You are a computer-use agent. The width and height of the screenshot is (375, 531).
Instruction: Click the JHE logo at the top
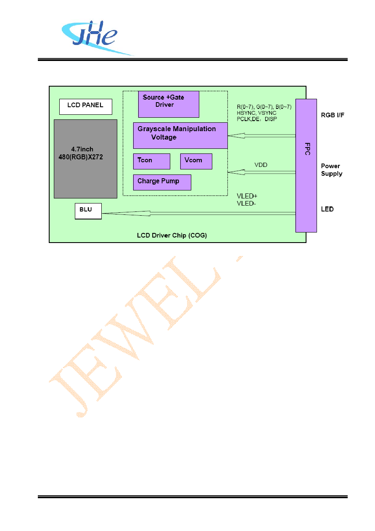(95, 38)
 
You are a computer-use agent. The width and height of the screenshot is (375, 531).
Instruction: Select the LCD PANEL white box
(86, 107)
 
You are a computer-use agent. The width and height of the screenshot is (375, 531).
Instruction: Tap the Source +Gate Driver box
(169, 104)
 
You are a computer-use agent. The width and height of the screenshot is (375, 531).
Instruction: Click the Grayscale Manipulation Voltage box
(180, 136)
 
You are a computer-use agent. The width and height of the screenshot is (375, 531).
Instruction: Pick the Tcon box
(152, 161)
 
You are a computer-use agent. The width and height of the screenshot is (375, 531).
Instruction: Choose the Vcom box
(196, 161)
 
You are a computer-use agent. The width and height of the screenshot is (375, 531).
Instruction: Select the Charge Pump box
(162, 182)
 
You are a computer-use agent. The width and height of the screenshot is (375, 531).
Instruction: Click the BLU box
(88, 211)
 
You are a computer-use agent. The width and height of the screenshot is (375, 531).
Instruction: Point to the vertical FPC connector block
(306, 166)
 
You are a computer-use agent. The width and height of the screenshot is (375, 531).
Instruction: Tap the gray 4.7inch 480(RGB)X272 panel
(86, 159)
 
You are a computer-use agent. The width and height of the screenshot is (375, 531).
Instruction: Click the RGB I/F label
(333, 115)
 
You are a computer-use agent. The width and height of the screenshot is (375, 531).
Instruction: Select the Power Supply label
(331, 170)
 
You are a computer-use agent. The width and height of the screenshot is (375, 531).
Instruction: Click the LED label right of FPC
(327, 209)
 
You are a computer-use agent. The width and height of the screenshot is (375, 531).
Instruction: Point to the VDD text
(261, 165)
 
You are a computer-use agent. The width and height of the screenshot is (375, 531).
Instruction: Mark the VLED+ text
(247, 196)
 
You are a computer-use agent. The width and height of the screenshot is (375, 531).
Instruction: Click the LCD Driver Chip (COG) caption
(172, 235)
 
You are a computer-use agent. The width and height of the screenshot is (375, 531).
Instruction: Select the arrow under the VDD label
(261, 172)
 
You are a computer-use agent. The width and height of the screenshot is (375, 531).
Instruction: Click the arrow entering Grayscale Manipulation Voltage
(261, 136)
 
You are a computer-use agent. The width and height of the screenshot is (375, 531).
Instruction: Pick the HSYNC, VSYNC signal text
(256, 113)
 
